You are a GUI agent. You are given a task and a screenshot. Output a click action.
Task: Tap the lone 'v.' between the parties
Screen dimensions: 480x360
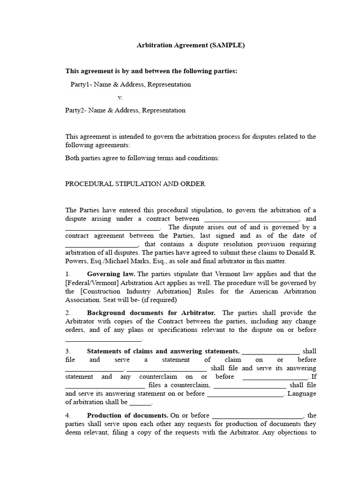tap(120, 97)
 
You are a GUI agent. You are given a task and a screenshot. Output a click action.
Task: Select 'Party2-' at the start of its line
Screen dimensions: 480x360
tap(75, 110)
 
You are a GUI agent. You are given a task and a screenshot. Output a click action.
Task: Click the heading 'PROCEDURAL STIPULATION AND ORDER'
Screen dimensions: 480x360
tap(135, 184)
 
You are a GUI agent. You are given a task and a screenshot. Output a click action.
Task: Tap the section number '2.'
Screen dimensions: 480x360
tap(68, 313)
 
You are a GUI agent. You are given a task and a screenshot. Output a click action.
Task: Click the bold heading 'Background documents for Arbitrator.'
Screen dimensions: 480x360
tap(151, 313)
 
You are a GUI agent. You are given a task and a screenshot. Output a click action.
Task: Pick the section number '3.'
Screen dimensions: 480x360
tap(68, 351)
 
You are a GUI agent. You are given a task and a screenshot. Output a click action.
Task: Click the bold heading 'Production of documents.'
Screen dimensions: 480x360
tap(127, 415)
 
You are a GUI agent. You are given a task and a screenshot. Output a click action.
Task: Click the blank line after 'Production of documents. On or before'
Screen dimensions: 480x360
tap(258, 415)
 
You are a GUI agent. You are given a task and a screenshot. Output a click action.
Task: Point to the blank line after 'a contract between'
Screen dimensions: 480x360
tap(252, 219)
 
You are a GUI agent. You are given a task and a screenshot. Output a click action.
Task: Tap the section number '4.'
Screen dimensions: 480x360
tap(68, 415)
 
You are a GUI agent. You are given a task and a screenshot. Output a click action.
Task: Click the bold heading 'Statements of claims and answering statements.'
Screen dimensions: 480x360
tap(163, 351)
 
